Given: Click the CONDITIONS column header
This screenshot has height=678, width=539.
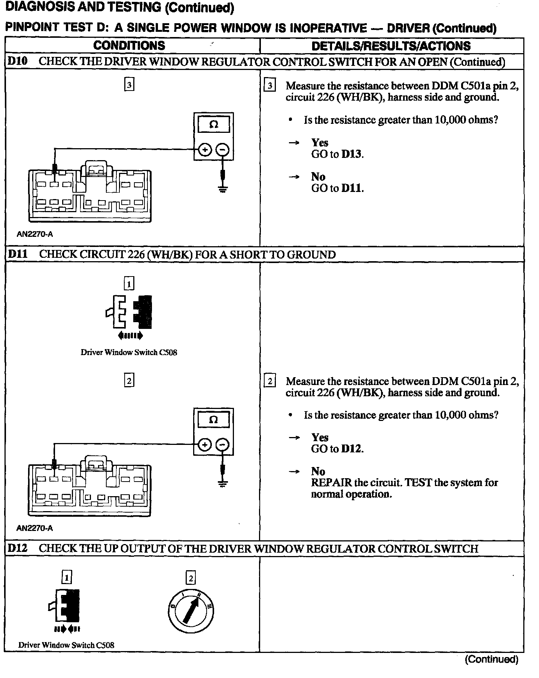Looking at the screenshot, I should click(x=129, y=46).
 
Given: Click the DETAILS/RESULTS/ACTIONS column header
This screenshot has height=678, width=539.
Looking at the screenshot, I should click(x=391, y=46).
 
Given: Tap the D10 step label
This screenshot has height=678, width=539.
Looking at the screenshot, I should click(x=18, y=61).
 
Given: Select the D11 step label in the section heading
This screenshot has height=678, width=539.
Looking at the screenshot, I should click(x=18, y=254).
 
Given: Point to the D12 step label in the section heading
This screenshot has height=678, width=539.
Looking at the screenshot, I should click(x=18, y=549).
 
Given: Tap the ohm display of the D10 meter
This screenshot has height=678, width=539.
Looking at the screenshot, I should click(x=213, y=125).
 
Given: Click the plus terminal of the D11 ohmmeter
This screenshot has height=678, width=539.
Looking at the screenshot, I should click(x=204, y=445).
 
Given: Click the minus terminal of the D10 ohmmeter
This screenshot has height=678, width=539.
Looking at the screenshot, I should click(x=223, y=150).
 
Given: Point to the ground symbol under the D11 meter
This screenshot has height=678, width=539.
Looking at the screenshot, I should click(x=223, y=484).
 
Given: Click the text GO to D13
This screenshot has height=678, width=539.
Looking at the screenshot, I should click(x=337, y=154).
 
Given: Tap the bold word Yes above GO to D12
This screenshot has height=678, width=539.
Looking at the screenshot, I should click(x=320, y=437).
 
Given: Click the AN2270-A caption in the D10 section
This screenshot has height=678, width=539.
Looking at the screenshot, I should click(x=35, y=234).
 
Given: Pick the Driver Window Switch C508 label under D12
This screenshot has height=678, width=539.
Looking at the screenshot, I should click(x=66, y=645).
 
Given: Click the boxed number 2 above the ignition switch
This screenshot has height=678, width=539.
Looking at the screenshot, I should click(x=191, y=578).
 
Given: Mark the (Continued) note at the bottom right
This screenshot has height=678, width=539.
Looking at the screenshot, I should click(x=491, y=659).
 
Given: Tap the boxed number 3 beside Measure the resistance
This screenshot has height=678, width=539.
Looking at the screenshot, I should click(x=269, y=86).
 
